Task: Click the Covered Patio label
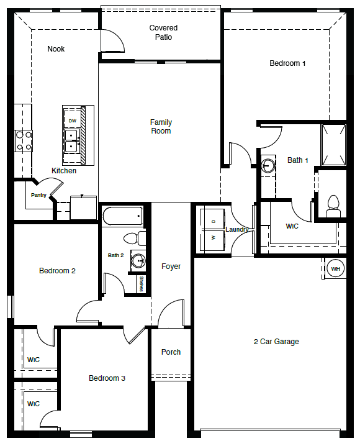[163, 32]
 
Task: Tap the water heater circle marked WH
[335, 268]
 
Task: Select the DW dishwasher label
[73, 121]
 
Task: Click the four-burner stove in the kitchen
[24, 141]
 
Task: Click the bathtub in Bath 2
[122, 216]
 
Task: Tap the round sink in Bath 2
[138, 260]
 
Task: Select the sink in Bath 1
[268, 165]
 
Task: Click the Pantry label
[38, 195]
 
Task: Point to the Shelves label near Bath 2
[142, 284]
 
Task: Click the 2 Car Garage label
[276, 341]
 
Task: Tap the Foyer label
[171, 266]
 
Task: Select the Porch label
[171, 352]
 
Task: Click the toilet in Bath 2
[135, 239]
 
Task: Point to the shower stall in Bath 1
[333, 145]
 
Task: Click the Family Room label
[161, 127]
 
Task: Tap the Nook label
[56, 49]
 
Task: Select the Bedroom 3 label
[107, 378]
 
